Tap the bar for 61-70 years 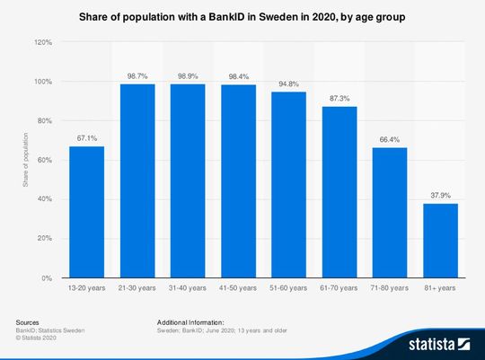pos(339,192)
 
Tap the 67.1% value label pos(87,138)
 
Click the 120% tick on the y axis pos(43,42)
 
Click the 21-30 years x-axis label pos(137,288)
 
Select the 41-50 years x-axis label pos(238,288)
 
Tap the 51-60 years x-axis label pos(288,288)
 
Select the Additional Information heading pos(190,321)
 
